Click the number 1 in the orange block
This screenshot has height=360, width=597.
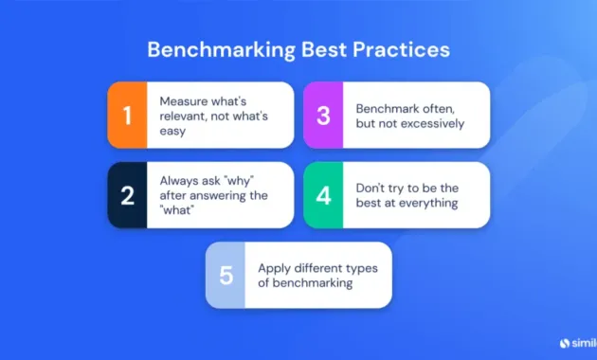(126, 115)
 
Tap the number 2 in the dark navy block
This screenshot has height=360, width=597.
(126, 194)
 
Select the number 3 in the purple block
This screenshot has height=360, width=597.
(322, 115)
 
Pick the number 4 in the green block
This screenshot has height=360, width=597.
(322, 194)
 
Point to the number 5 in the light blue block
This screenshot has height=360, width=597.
(225, 275)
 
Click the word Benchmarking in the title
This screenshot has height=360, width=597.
(211, 48)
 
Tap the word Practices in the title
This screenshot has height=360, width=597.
(398, 48)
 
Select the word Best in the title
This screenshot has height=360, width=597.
(312, 48)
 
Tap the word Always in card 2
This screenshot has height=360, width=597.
(179, 180)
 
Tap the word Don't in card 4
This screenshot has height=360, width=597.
(371, 187)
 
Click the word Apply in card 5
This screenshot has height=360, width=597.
(274, 268)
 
